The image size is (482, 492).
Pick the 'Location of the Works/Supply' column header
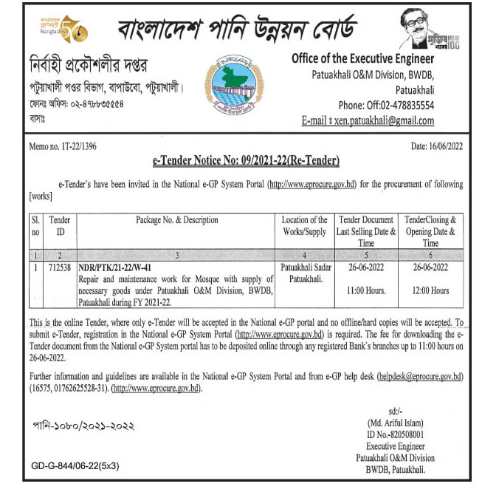(305, 226)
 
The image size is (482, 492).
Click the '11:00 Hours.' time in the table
(367, 291)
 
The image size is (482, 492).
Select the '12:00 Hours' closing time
(430, 291)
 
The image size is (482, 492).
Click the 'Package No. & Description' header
(176, 220)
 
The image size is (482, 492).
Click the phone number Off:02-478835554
(396, 105)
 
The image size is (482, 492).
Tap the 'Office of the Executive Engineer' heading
(362, 58)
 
